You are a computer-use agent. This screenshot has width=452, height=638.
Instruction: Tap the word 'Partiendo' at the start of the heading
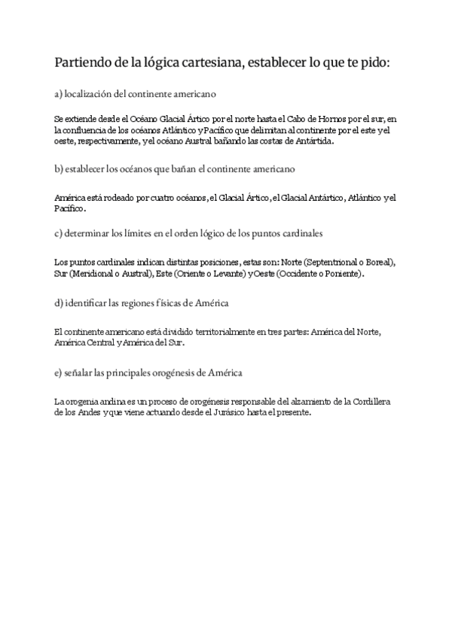coord(82,62)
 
